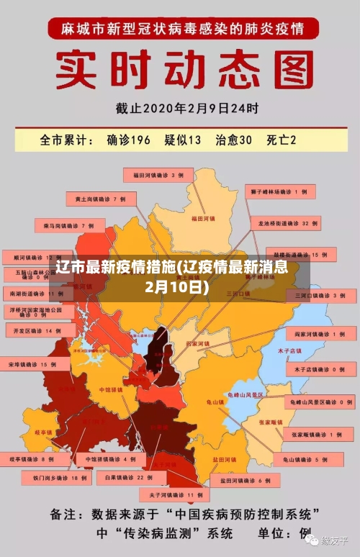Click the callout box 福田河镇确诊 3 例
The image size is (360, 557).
[158, 175]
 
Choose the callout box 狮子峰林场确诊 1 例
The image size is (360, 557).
[283, 192]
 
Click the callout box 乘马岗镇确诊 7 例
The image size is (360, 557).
[68, 225]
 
